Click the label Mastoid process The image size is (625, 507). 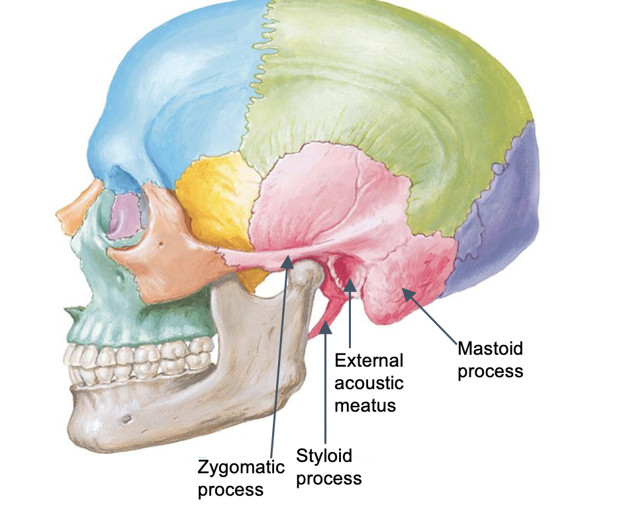[x=491, y=359]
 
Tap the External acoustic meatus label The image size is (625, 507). [x=369, y=382]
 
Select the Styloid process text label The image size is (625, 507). [x=328, y=466]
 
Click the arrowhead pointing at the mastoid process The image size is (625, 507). [x=405, y=292]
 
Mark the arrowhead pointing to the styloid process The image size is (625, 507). [x=325, y=327]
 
